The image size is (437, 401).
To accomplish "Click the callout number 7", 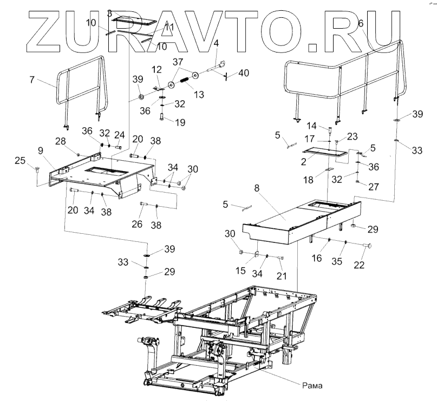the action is (x=32, y=80).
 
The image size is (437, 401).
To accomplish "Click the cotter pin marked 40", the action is (x=227, y=75).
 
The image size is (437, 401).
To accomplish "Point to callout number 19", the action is (x=179, y=122).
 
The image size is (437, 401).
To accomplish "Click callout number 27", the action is (x=373, y=186).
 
